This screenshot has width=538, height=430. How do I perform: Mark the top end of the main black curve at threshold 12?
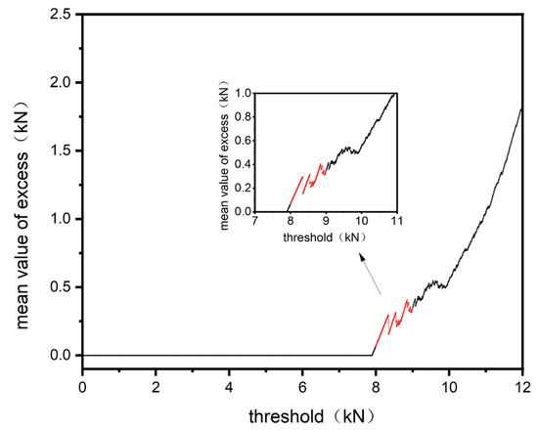click(522, 107)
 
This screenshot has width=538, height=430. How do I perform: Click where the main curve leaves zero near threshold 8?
click(372, 355)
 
